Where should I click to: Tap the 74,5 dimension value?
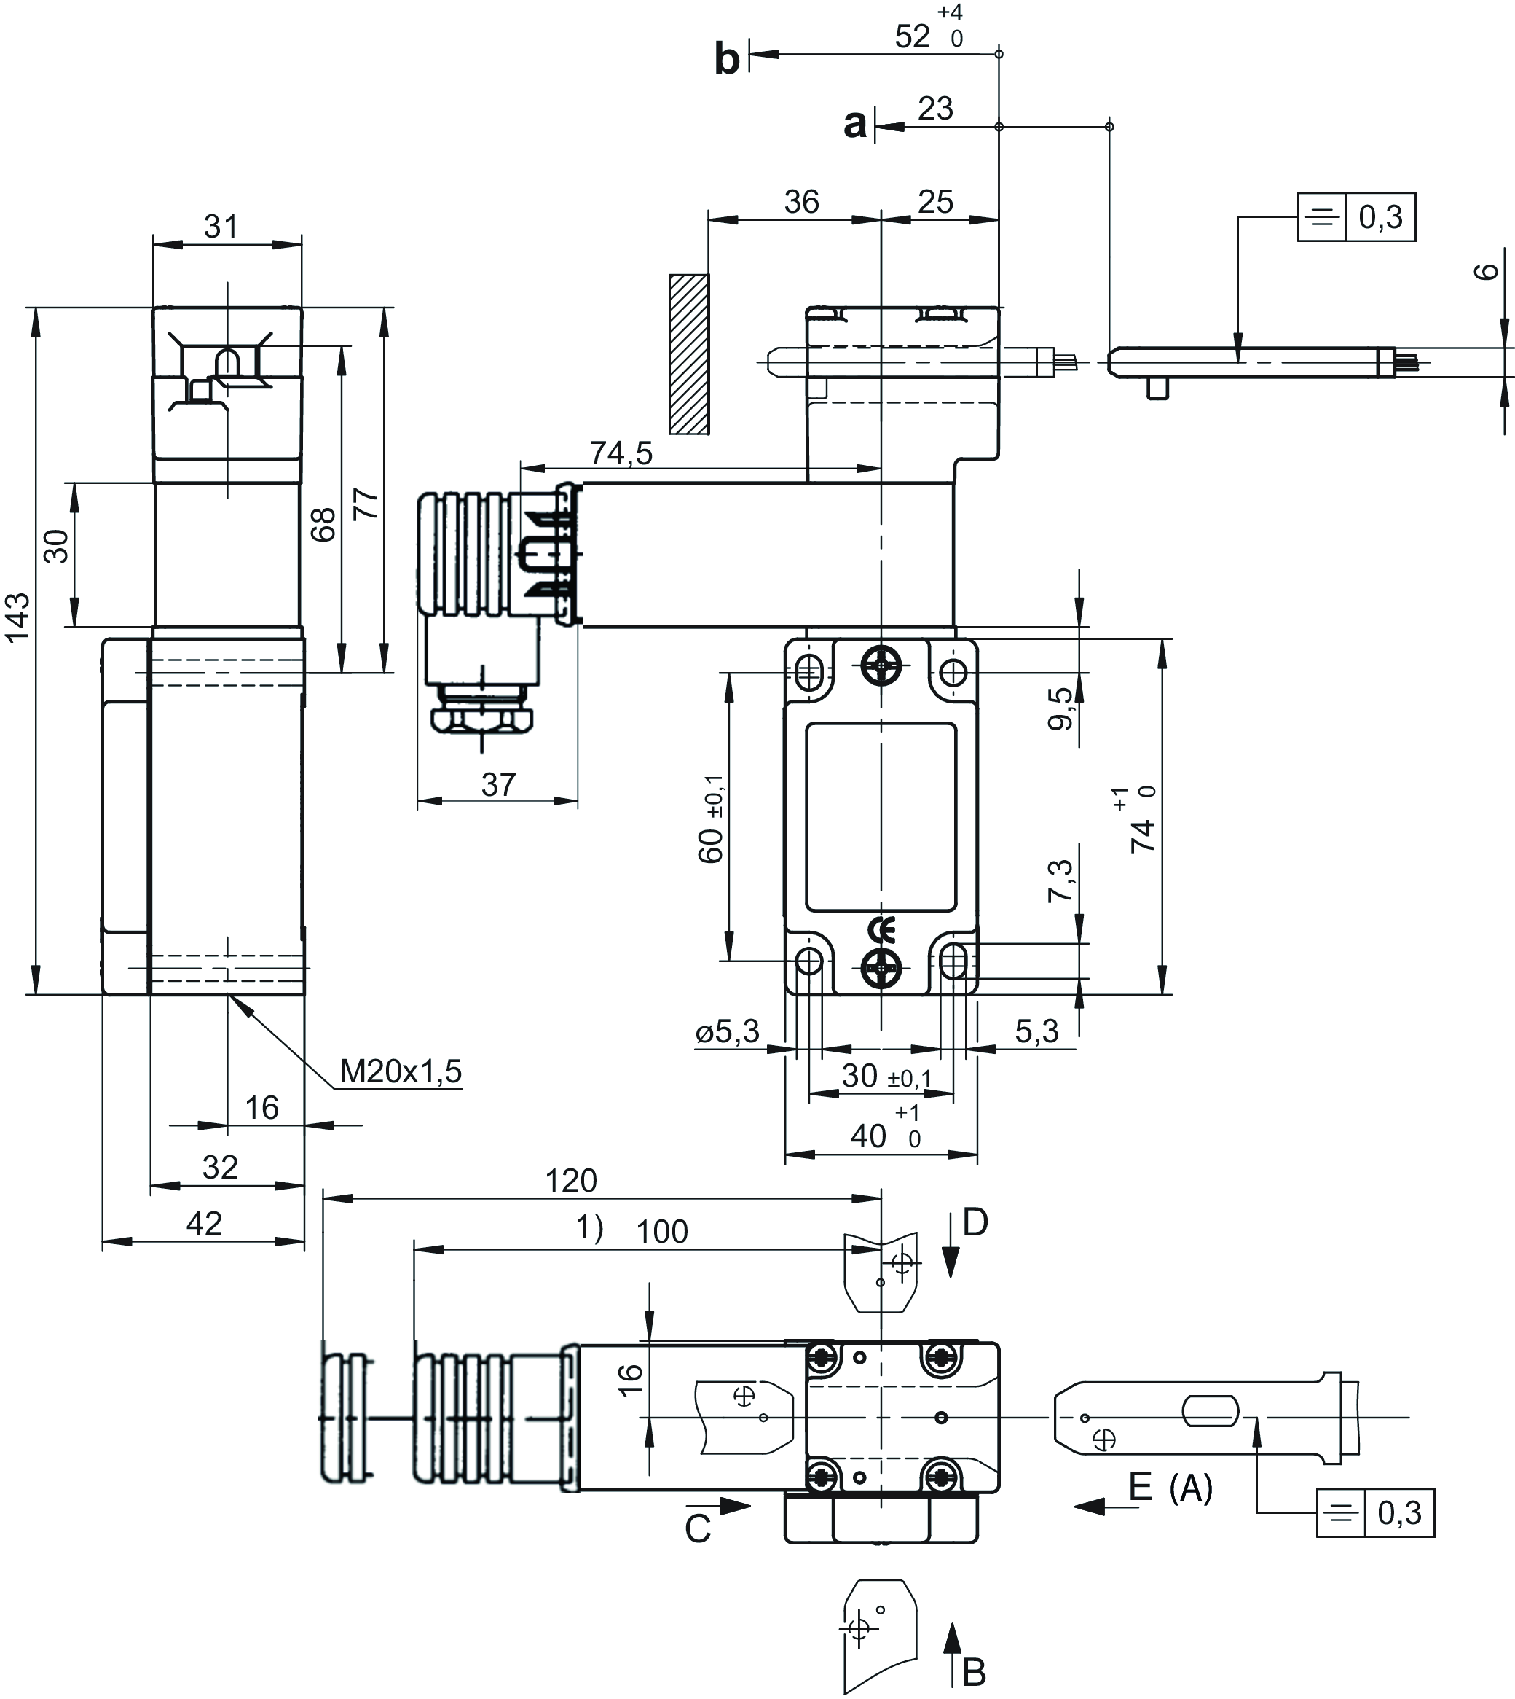(x=621, y=453)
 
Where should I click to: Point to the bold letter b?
(x=727, y=60)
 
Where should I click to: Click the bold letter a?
(x=855, y=125)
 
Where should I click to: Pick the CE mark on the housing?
(x=881, y=928)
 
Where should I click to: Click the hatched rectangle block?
(x=689, y=354)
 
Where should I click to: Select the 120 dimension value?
(x=571, y=1180)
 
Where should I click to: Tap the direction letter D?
(x=975, y=1222)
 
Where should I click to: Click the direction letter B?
(x=974, y=1672)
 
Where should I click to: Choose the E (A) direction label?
(x=1170, y=1488)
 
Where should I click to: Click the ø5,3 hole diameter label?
(x=728, y=1032)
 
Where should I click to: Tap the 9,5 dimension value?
(x=1060, y=708)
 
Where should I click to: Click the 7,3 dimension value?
(x=1060, y=880)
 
